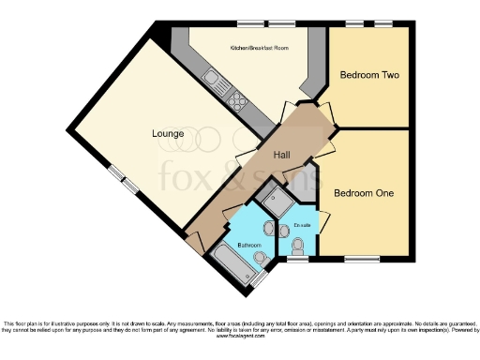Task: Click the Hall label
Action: tap(282, 155)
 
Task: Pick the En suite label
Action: tap(302, 226)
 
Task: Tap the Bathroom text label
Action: tap(248, 246)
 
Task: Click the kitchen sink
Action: tap(214, 80)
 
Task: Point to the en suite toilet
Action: tap(298, 247)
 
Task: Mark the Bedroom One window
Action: tap(359, 258)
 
